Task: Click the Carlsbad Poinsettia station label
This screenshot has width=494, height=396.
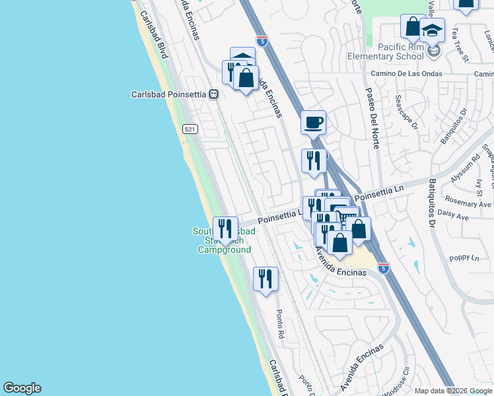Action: coord(169,94)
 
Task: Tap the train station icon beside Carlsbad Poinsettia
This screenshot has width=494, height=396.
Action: coord(213,94)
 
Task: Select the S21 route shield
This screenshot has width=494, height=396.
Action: coord(190,129)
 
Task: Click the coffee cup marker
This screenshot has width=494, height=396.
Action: coord(314,122)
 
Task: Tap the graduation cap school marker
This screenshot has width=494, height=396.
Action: coord(433,30)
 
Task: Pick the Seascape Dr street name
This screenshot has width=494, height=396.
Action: coord(406,112)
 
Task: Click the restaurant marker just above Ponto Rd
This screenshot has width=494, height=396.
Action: coord(265,278)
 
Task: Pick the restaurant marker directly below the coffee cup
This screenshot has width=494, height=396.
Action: coord(314,160)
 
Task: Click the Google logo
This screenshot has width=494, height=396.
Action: coord(22,388)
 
